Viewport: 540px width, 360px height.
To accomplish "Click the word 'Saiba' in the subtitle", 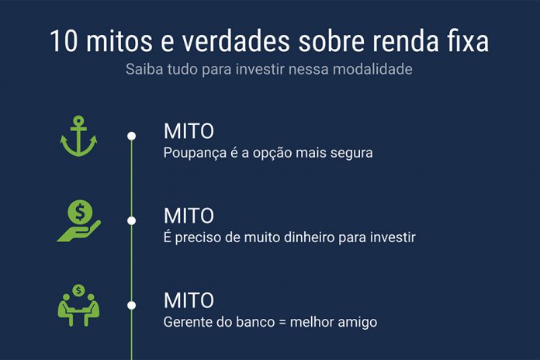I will [x=144, y=69].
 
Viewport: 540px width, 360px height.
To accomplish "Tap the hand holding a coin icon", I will [x=78, y=220].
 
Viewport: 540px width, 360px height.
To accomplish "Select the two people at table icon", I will [x=78, y=304].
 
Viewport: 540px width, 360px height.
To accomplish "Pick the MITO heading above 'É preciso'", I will [x=189, y=216].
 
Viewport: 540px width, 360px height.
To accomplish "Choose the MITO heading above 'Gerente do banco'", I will [x=189, y=300].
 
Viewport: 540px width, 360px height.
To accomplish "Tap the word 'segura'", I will [x=351, y=153].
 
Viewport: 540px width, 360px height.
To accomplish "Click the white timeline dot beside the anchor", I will [x=132, y=137].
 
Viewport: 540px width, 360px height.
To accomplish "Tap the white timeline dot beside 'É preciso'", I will [x=132, y=221].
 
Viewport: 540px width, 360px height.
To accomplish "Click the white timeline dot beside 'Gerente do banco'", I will [x=132, y=306].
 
